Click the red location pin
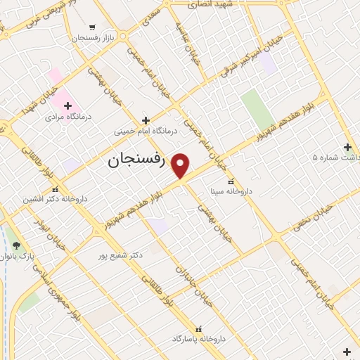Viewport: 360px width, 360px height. (x=181, y=165)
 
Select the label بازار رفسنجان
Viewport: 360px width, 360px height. (x=89, y=38)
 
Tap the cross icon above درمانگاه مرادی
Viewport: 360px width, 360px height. (x=67, y=105)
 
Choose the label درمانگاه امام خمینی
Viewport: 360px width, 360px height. (x=146, y=131)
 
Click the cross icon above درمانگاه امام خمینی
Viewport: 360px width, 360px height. (x=146, y=120)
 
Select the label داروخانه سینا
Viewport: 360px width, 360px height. (x=231, y=191)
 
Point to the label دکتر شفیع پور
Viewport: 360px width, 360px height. (x=121, y=255)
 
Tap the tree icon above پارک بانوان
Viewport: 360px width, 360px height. (x=16, y=245)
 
